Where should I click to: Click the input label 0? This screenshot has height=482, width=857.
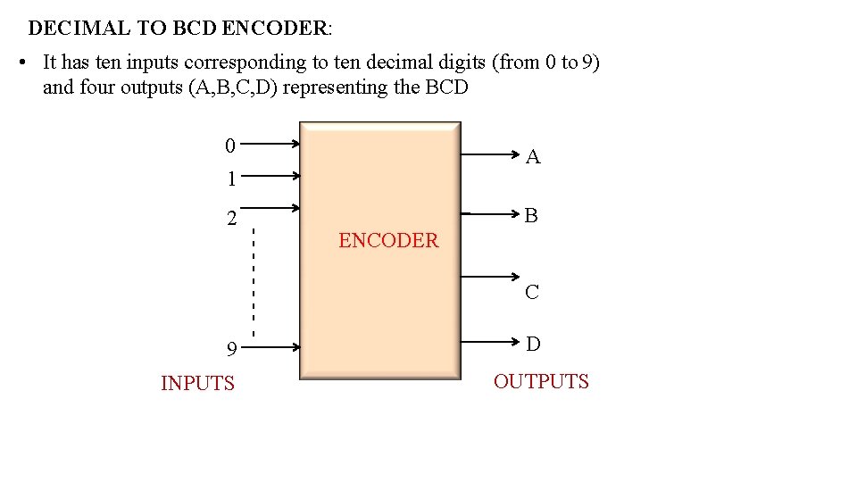coord(230,145)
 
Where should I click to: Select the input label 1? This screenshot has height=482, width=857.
coord(230,179)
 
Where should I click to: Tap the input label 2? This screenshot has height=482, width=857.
coord(231,219)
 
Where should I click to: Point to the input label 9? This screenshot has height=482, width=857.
coord(231,349)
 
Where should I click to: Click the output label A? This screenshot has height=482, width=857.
coord(533,158)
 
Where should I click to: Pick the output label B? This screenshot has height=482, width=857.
coord(531,215)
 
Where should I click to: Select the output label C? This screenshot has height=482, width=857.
coord(532,292)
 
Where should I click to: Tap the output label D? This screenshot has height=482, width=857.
coord(533,344)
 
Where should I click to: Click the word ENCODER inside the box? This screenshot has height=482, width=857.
coord(388,240)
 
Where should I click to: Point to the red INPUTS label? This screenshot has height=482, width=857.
coord(197,383)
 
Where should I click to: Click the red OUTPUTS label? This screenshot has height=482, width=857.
coord(541,381)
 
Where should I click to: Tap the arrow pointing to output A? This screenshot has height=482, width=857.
coord(491,154)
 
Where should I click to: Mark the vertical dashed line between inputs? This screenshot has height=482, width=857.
coord(254,281)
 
